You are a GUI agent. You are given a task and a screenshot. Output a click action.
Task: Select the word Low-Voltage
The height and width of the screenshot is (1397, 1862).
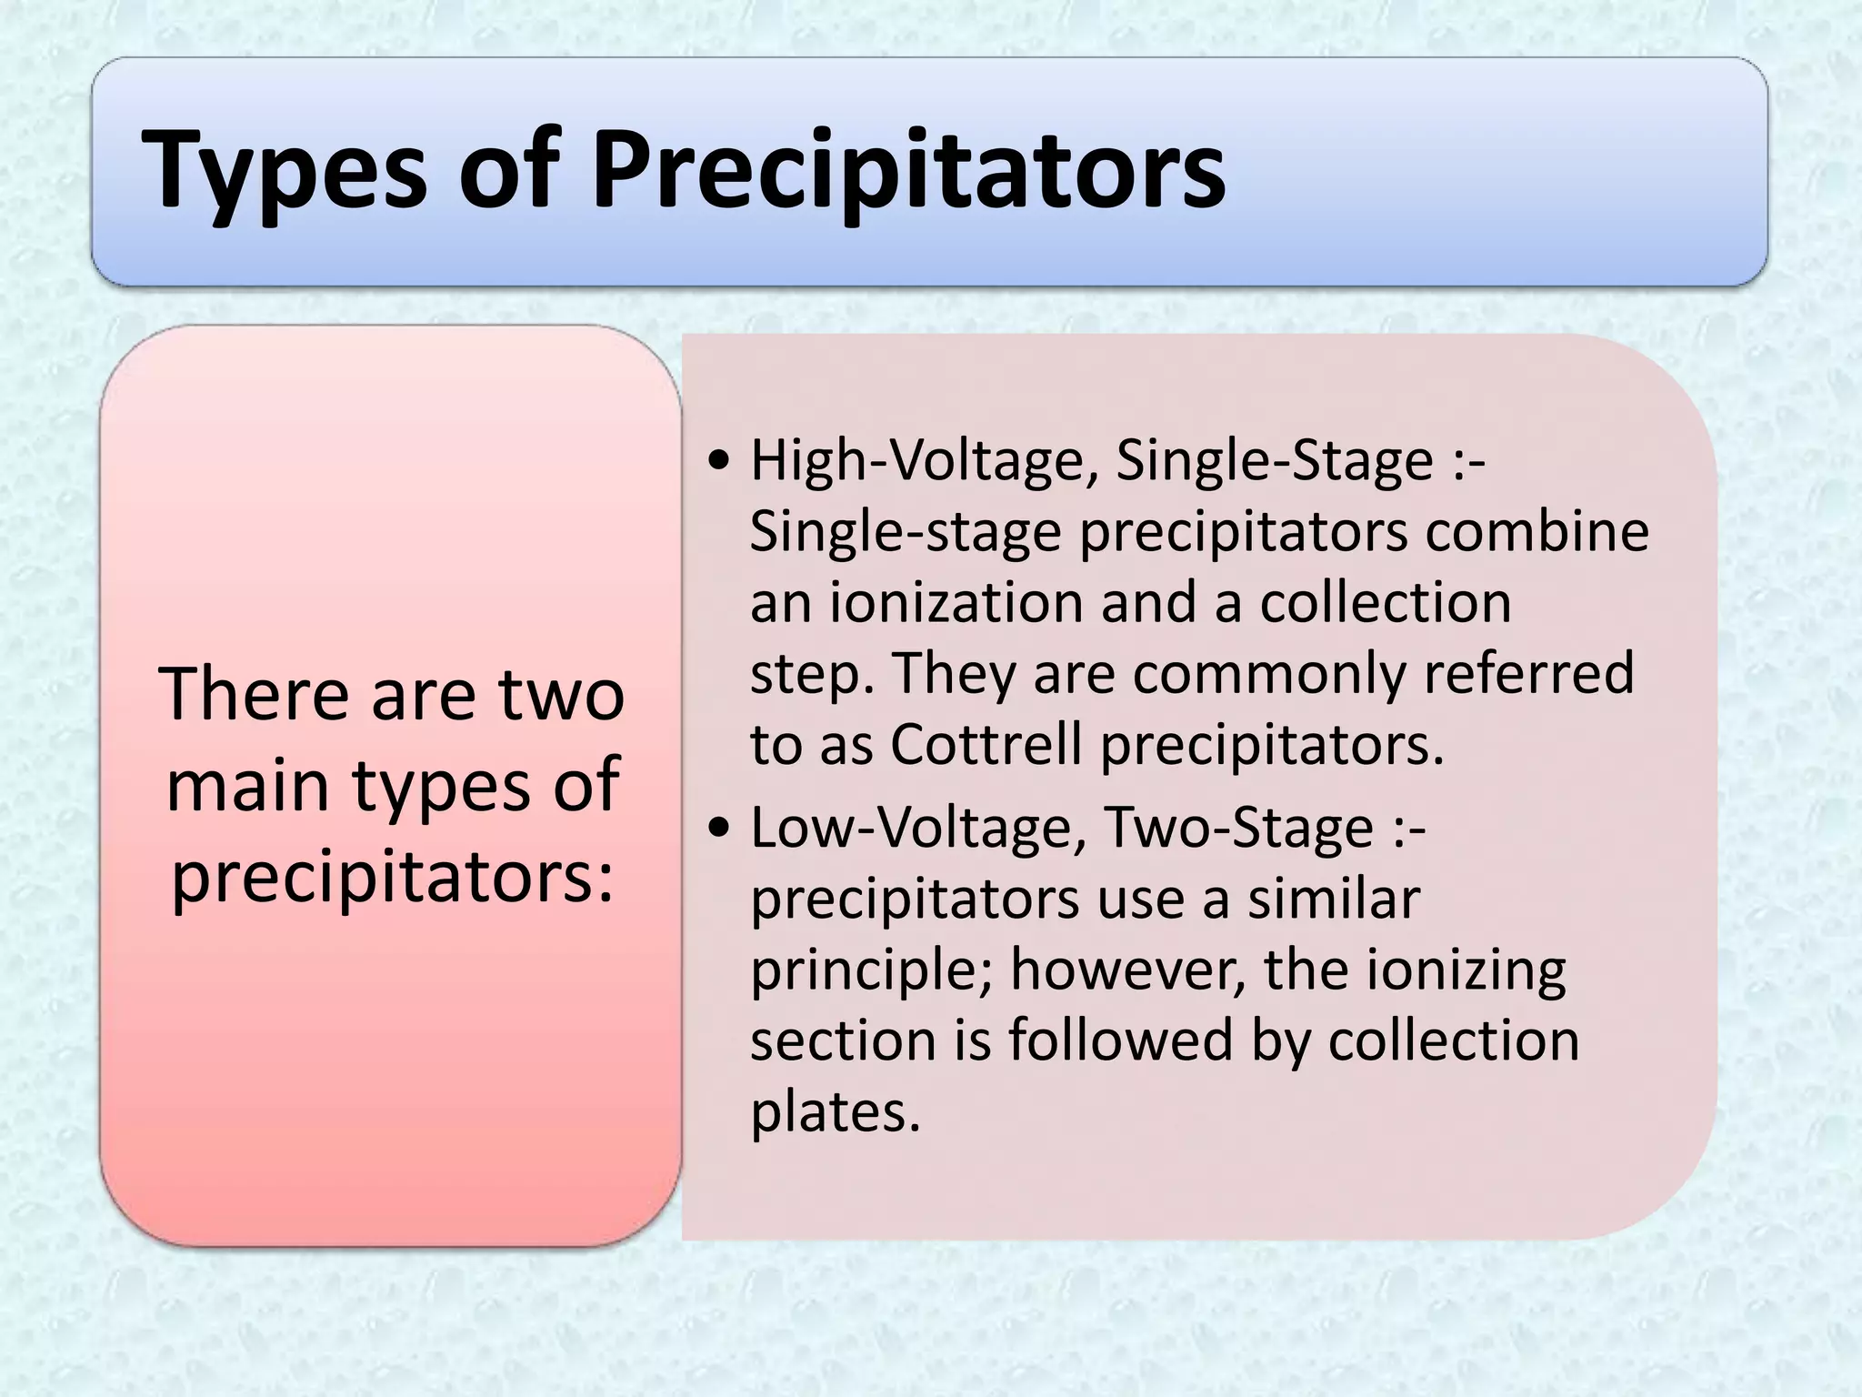[x=918, y=828]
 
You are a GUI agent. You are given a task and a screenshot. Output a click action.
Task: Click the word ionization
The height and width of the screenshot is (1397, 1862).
[x=956, y=602]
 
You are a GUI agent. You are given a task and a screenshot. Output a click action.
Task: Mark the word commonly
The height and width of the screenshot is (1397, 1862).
[x=1269, y=674]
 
